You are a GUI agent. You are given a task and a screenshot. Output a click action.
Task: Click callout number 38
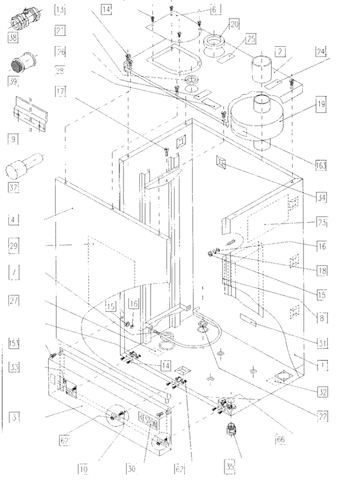(13, 36)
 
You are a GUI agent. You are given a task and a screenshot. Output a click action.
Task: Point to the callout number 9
(12, 138)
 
